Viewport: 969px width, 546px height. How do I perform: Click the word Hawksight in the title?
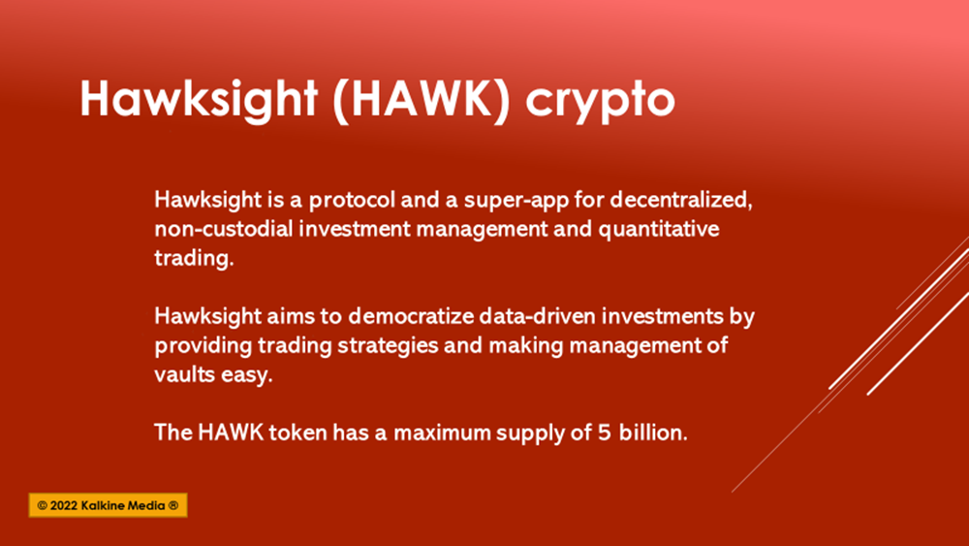pyautogui.click(x=199, y=98)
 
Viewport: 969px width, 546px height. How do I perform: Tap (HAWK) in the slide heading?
pyautogui.click(x=422, y=99)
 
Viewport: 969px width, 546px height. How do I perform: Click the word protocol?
pyautogui.click(x=352, y=200)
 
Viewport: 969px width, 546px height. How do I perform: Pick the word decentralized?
pyautogui.click(x=681, y=200)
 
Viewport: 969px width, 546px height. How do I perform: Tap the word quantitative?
pyautogui.click(x=659, y=230)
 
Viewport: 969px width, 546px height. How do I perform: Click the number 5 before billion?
pyautogui.click(x=605, y=433)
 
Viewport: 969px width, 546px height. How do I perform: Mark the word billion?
pyautogui.click(x=653, y=433)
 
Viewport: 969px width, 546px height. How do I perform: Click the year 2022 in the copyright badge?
pyautogui.click(x=64, y=505)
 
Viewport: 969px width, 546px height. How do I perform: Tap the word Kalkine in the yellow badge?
pyautogui.click(x=102, y=505)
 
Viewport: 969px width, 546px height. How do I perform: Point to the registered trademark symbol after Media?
pyautogui.click(x=173, y=505)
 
